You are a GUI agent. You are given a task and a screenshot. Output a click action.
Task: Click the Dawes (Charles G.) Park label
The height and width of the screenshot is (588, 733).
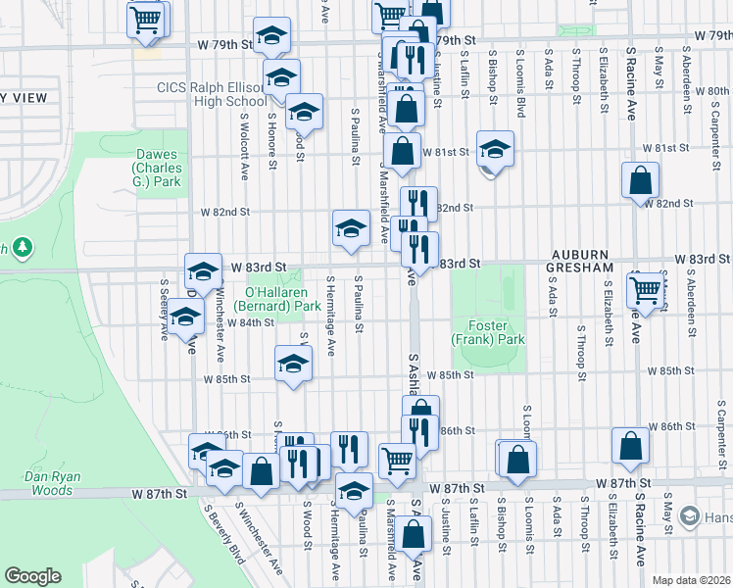158,168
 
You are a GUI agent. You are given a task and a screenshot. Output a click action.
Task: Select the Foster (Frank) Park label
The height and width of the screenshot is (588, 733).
488,333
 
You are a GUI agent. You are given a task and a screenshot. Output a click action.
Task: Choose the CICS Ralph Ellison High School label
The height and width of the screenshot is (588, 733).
211,94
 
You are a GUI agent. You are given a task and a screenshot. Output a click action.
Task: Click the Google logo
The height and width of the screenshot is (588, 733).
33,576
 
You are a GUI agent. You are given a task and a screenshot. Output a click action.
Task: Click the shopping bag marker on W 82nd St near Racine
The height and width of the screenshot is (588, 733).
640,179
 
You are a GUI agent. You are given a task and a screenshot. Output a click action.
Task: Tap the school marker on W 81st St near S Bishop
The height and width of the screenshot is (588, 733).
496,149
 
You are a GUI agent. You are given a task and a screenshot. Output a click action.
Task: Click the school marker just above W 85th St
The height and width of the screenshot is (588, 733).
292,364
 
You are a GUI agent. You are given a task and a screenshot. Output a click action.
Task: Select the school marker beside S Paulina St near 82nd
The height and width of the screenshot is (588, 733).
350,227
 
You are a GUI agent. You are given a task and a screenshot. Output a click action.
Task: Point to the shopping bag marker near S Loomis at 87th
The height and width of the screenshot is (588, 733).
518,458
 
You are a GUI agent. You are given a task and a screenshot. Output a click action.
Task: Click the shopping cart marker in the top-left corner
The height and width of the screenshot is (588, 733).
145,19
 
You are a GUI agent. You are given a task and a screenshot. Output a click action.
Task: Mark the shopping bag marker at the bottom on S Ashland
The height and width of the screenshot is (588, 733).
415,534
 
